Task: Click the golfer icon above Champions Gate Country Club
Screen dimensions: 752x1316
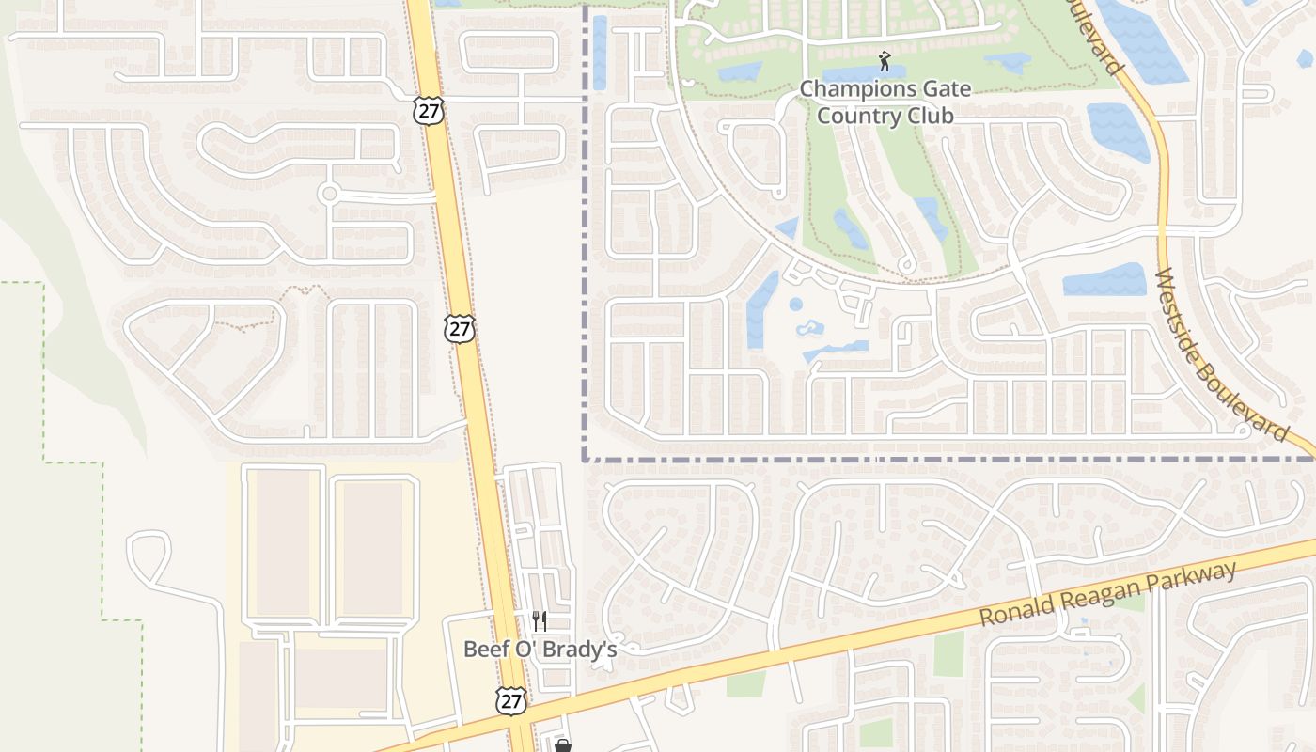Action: (884, 62)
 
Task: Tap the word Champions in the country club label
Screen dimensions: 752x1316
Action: (856, 90)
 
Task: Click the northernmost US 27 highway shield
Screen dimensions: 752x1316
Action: (427, 110)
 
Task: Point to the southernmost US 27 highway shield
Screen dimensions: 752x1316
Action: (510, 699)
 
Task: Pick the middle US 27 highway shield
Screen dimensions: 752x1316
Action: (460, 329)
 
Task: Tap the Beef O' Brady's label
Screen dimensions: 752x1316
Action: (540, 649)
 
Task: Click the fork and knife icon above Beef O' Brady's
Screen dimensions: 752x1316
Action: (540, 620)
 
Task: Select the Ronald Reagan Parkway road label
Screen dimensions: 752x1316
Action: (1108, 594)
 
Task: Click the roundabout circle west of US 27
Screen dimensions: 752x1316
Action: (329, 195)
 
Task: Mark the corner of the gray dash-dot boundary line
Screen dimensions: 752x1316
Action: (585, 460)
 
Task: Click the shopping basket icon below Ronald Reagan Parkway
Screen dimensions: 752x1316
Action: (562, 745)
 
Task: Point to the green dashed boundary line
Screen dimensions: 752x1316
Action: (44, 376)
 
